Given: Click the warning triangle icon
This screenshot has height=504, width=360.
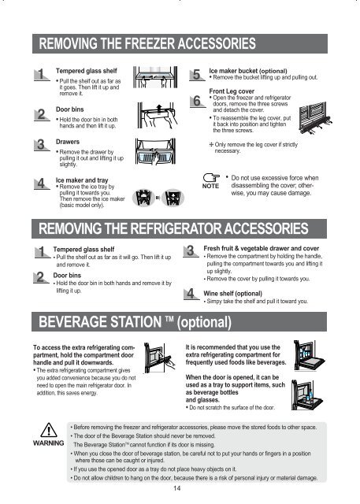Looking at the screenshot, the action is pos(49,430).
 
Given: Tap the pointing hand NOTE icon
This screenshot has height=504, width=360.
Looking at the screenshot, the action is pos(211,177).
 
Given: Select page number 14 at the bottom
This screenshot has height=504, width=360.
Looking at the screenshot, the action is pos(176,488).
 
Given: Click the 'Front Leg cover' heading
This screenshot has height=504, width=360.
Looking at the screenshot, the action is pos(232,91).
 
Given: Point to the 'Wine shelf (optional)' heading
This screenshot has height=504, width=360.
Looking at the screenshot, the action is pos(232,294).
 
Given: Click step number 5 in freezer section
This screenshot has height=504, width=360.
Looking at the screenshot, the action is pos(196,75).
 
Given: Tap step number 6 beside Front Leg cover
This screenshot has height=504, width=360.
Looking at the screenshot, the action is pos(197,101).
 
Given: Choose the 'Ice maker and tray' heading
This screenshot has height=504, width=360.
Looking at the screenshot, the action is pos(82,180).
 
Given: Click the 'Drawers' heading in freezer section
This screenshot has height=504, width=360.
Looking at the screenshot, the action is pos(68,142).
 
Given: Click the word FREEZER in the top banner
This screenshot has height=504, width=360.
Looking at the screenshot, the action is pos(150,43).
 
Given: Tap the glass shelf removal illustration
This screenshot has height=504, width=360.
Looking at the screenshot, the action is pos(155,77).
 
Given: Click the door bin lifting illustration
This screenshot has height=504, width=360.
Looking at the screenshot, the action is pos(158,115).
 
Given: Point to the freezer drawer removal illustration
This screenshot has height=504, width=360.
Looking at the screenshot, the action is pos(155,152).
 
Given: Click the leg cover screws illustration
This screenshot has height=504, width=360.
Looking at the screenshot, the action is pos(315,117).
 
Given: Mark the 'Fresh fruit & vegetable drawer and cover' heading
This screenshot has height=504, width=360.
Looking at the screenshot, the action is pos(262,249).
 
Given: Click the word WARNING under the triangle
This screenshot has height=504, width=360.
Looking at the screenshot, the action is pos(49,443).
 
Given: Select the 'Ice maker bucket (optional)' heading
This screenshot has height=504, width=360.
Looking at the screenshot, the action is pos(248,71).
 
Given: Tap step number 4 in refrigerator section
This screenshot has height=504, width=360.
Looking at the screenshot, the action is pos(191,294).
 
